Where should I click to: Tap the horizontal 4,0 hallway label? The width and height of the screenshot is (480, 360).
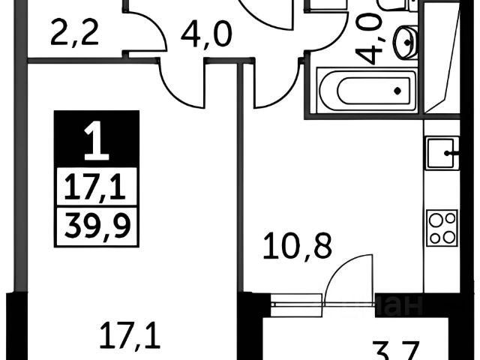[x=204, y=34]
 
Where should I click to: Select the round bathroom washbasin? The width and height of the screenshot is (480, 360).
[x=405, y=41]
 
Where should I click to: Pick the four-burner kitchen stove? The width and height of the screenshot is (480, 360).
[x=442, y=227]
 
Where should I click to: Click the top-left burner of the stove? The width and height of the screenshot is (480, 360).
[x=434, y=219]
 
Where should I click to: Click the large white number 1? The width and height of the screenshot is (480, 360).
[x=96, y=142]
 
